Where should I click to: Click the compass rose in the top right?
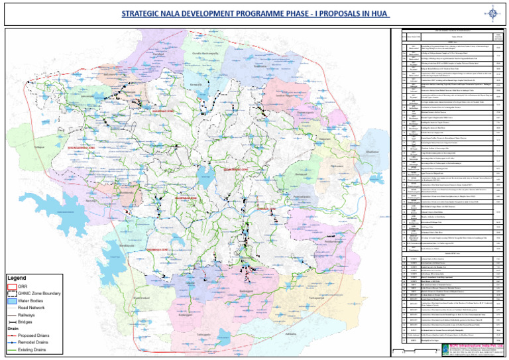click(492, 13)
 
